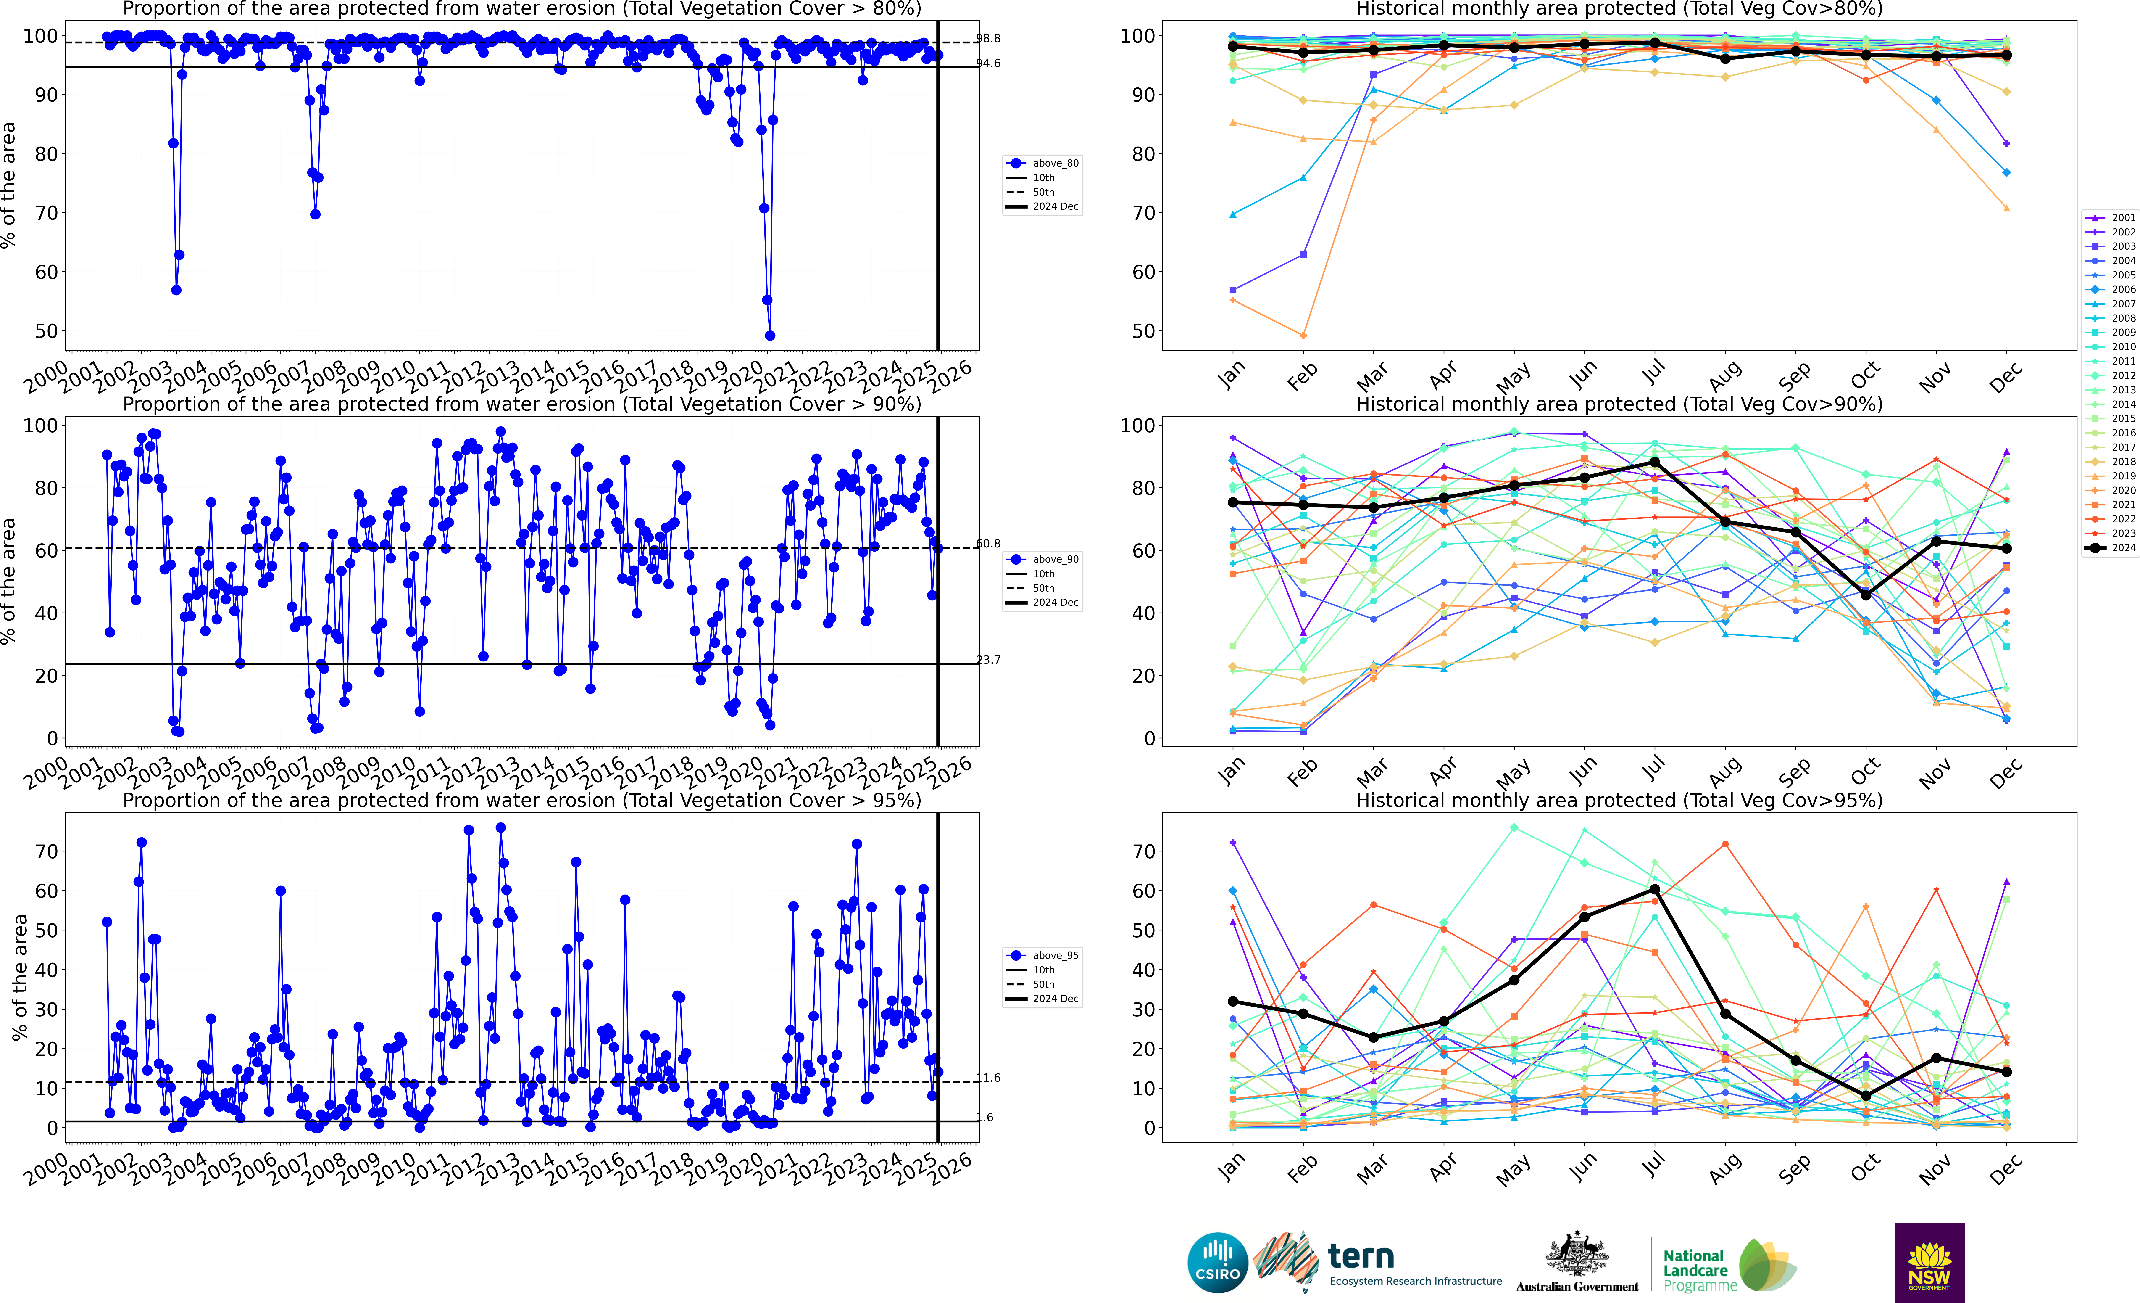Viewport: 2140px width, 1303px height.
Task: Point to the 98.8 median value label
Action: click(988, 38)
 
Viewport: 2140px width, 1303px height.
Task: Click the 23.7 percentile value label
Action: click(988, 660)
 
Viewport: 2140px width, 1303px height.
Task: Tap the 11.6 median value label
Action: click(988, 1078)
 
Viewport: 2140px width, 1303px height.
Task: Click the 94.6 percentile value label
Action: click(988, 63)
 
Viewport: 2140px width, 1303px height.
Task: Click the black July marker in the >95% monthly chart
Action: click(1655, 890)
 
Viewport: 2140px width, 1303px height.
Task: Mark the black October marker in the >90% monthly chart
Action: click(1866, 595)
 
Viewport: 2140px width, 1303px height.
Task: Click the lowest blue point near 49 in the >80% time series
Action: click(769, 335)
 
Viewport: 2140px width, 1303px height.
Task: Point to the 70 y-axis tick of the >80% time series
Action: click(46, 213)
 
